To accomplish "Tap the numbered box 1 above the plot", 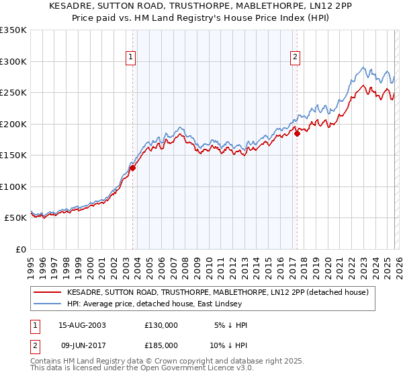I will coord(131,58).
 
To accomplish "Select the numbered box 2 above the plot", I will coord(296,58).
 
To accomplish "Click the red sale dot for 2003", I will coord(132,168).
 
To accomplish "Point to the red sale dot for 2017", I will coord(297,134).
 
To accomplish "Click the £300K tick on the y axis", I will coord(13,61).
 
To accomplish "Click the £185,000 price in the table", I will coord(161,345).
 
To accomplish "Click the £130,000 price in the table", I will coord(161,325).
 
